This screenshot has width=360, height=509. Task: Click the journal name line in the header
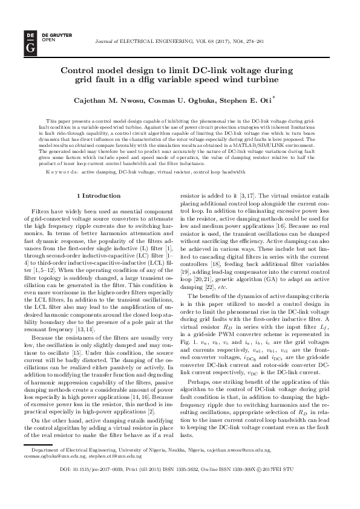(x=179, y=42)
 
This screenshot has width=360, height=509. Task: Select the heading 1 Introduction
(x=100, y=196)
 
